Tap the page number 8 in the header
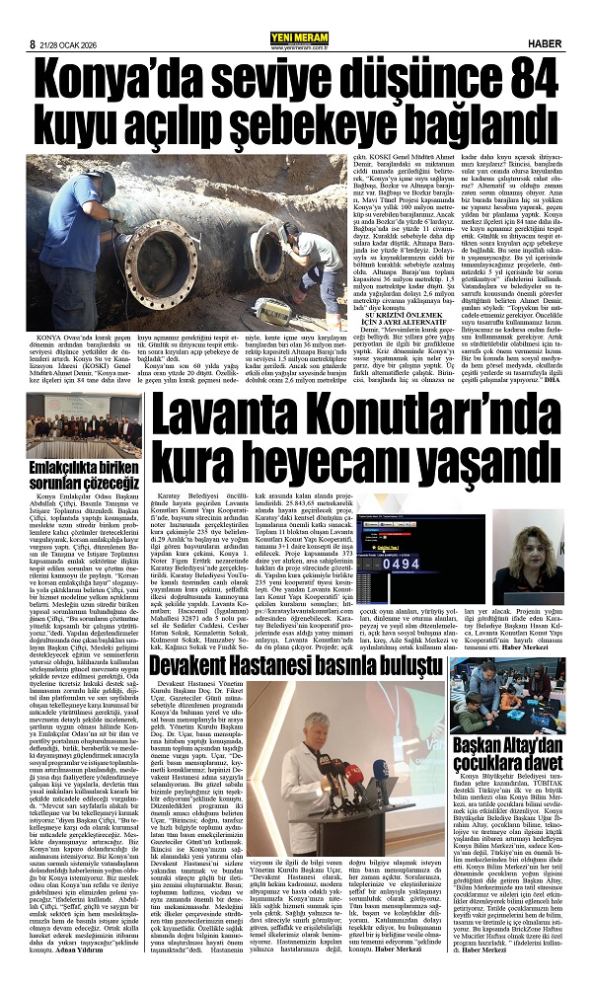[33, 16]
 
